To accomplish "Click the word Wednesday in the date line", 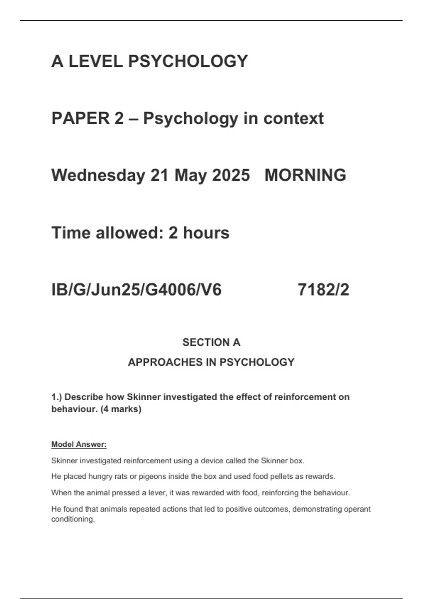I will [98, 175].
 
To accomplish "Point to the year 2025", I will [231, 175].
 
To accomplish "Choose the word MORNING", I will [305, 175].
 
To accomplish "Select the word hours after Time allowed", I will [206, 233].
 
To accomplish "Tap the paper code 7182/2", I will [323, 290].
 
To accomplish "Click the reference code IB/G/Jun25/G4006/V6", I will [136, 290].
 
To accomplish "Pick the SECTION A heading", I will [211, 342].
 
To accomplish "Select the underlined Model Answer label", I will [79, 444].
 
